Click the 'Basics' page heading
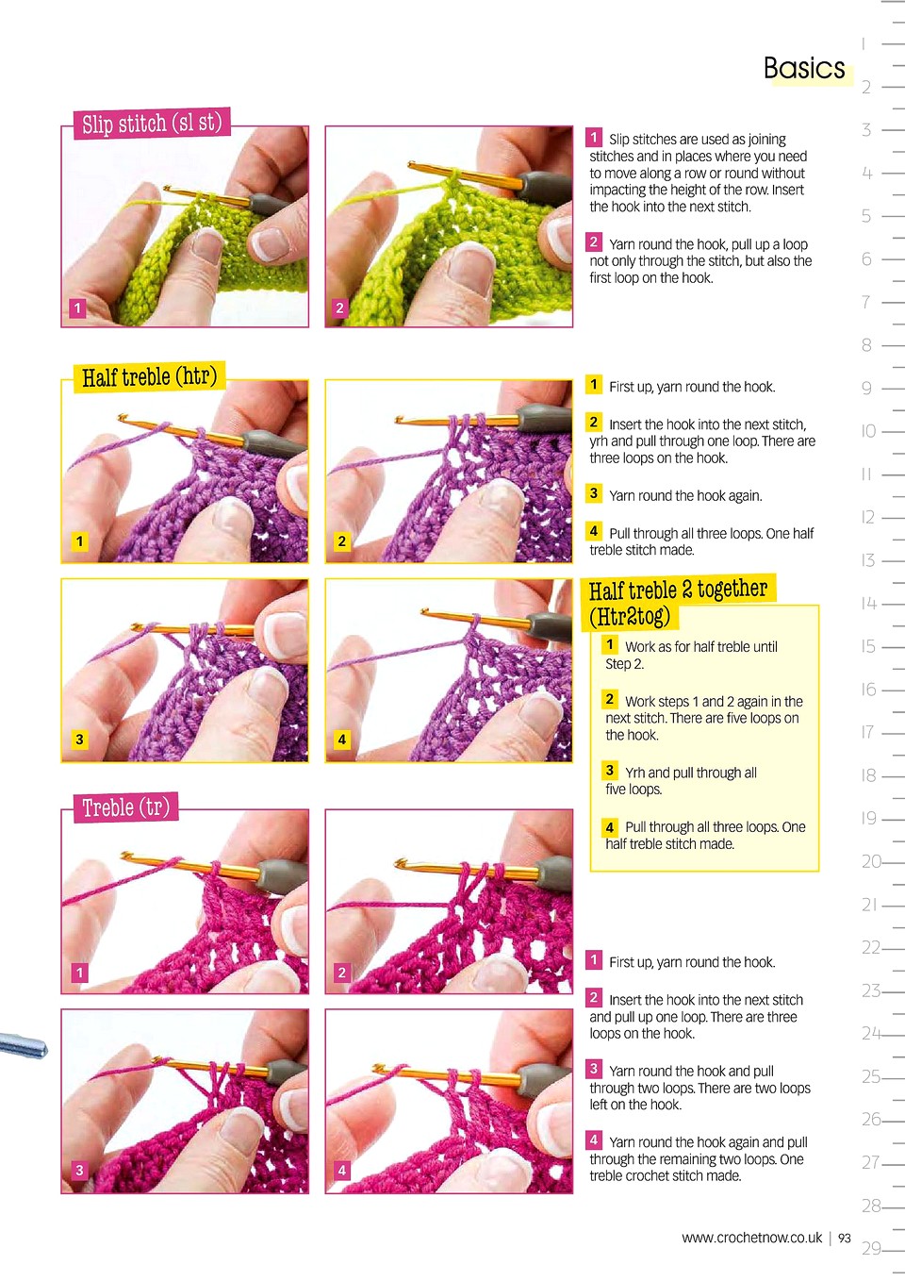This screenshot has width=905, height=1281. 804,68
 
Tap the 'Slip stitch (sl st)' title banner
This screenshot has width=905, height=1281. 152,123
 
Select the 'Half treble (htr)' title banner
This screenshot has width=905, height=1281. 149,377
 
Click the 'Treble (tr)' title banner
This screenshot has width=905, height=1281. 125,807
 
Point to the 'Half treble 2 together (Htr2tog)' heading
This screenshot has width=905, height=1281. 678,602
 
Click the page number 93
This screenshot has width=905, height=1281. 845,1239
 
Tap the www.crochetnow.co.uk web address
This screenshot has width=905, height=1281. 752,1239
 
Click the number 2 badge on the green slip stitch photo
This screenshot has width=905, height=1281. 340,308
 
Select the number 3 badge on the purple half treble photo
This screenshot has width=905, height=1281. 79,740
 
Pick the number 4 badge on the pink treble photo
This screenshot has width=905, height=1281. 341,1170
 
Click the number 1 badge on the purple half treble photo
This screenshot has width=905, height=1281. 79,541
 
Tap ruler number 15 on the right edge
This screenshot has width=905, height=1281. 868,646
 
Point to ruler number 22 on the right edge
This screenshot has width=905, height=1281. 871,948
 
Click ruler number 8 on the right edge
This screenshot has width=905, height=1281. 866,345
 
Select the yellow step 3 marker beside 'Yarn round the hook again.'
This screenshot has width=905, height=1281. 594,493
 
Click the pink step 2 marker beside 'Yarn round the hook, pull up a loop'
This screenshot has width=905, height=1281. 594,241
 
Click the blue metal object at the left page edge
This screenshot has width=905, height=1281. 23,1045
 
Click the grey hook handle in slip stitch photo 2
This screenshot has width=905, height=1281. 546,184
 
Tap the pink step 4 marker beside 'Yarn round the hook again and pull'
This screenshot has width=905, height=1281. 594,1140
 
